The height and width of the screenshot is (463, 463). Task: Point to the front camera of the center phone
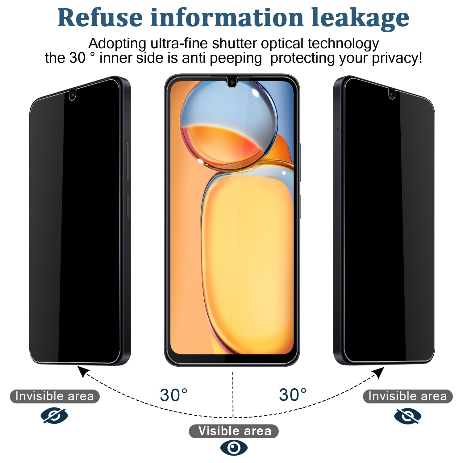pyautogui.click(x=231, y=82)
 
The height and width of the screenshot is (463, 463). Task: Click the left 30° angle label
pyautogui.click(x=174, y=395)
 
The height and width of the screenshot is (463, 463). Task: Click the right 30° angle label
pyautogui.click(x=293, y=394)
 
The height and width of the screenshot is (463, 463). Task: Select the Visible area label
pyautogui.click(x=234, y=431)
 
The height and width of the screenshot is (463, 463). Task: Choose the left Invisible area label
pyautogui.click(x=55, y=396)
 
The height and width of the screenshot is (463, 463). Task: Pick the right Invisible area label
pyautogui.click(x=408, y=396)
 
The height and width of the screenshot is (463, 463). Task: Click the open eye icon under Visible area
pyautogui.click(x=234, y=448)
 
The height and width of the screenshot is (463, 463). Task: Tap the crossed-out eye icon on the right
pyautogui.click(x=408, y=416)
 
